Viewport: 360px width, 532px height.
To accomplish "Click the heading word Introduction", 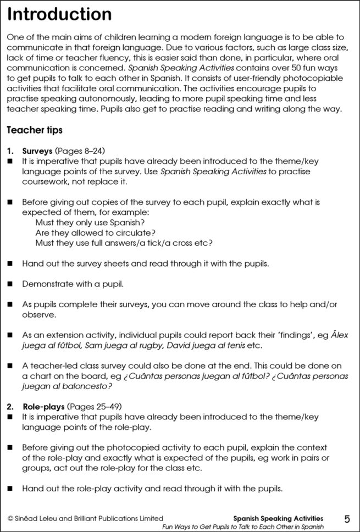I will click(59, 15).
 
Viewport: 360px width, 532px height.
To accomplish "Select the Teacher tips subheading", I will click(34, 130).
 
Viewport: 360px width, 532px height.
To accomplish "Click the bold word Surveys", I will click(37, 151).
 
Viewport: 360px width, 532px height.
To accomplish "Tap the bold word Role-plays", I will click(43, 407).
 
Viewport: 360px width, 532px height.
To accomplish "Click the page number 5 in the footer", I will click(347, 519).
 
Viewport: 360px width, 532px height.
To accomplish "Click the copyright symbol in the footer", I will click(10, 518).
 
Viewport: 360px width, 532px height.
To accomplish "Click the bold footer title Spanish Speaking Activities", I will click(278, 518).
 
